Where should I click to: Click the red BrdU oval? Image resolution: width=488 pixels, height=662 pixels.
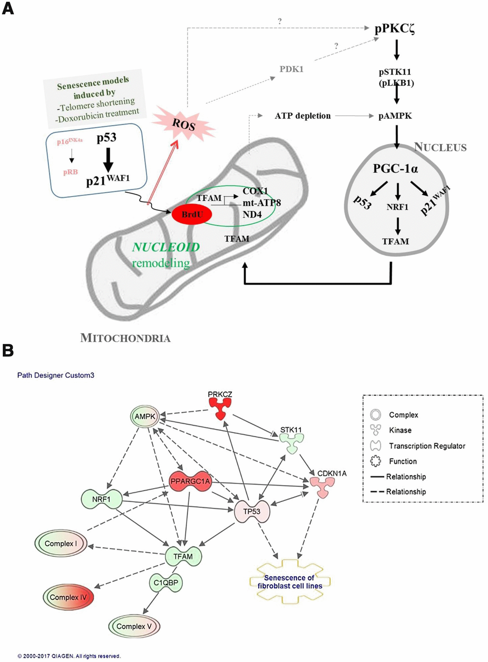tap(192, 214)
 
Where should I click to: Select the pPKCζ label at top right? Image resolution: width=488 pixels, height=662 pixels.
tap(395, 29)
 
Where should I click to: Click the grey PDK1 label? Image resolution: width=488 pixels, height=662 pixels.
tap(291, 69)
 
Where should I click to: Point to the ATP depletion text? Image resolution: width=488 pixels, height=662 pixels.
tap(302, 116)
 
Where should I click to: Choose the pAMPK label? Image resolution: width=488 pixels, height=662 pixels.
tap(395, 116)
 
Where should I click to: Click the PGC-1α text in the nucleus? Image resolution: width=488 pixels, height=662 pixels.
tap(395, 169)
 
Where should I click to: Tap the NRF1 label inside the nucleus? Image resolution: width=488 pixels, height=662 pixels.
tap(397, 207)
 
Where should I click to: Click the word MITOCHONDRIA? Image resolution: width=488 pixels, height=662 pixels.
tap(125, 338)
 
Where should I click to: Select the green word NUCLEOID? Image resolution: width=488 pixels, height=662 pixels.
tap(166, 247)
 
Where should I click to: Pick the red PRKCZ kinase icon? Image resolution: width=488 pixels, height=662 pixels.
tap(220, 408)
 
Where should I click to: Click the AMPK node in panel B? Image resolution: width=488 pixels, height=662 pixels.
tap(144, 417)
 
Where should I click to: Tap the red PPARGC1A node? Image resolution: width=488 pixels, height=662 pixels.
tap(190, 481)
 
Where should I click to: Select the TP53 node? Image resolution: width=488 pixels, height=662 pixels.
tap(252, 511)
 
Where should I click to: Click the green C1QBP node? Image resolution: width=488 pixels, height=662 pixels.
tap(166, 583)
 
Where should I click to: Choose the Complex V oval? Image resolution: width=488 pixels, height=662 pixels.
tap(133, 626)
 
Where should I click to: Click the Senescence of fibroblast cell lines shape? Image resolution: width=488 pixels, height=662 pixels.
tap(290, 582)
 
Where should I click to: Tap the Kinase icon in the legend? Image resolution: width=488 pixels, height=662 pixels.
tap(376, 430)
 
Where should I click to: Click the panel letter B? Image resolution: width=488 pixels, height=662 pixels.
tap(8, 350)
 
